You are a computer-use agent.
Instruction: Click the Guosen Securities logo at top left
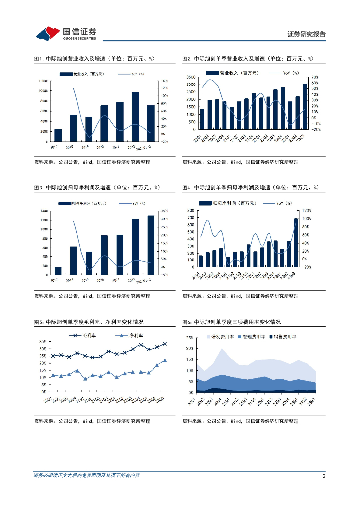(x=65, y=33)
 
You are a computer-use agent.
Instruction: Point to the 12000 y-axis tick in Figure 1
(x=42, y=81)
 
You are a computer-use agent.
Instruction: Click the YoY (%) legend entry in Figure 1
(x=131, y=74)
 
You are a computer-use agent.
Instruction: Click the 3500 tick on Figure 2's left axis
(x=190, y=77)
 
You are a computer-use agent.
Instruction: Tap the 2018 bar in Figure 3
(x=73, y=260)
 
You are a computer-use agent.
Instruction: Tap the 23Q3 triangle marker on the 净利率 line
(x=165, y=361)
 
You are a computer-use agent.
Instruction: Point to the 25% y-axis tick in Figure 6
(x=190, y=337)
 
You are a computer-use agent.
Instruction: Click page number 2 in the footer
(x=324, y=476)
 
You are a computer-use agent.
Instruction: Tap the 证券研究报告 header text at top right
(x=307, y=34)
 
